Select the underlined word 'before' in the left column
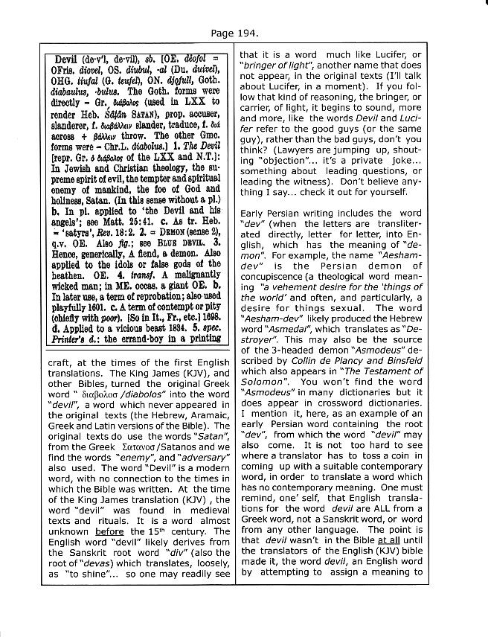123,532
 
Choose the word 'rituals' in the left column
109,521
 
